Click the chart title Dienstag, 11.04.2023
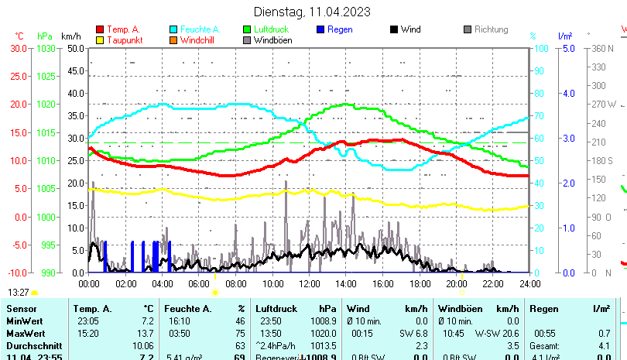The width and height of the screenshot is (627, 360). (312, 12)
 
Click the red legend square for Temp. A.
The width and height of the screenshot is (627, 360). (99, 29)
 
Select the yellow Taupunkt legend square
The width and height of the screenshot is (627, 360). (99, 40)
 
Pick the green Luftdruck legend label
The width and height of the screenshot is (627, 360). (275, 29)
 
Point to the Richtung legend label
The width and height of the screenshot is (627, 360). (491, 29)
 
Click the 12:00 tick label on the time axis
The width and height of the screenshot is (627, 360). (309, 283)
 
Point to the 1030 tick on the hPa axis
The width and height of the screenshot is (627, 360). (46, 48)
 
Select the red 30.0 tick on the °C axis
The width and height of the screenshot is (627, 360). (19, 48)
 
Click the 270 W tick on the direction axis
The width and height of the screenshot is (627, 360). (604, 105)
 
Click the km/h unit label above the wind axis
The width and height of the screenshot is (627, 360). (70, 36)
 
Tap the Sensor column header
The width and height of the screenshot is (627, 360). (22, 309)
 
